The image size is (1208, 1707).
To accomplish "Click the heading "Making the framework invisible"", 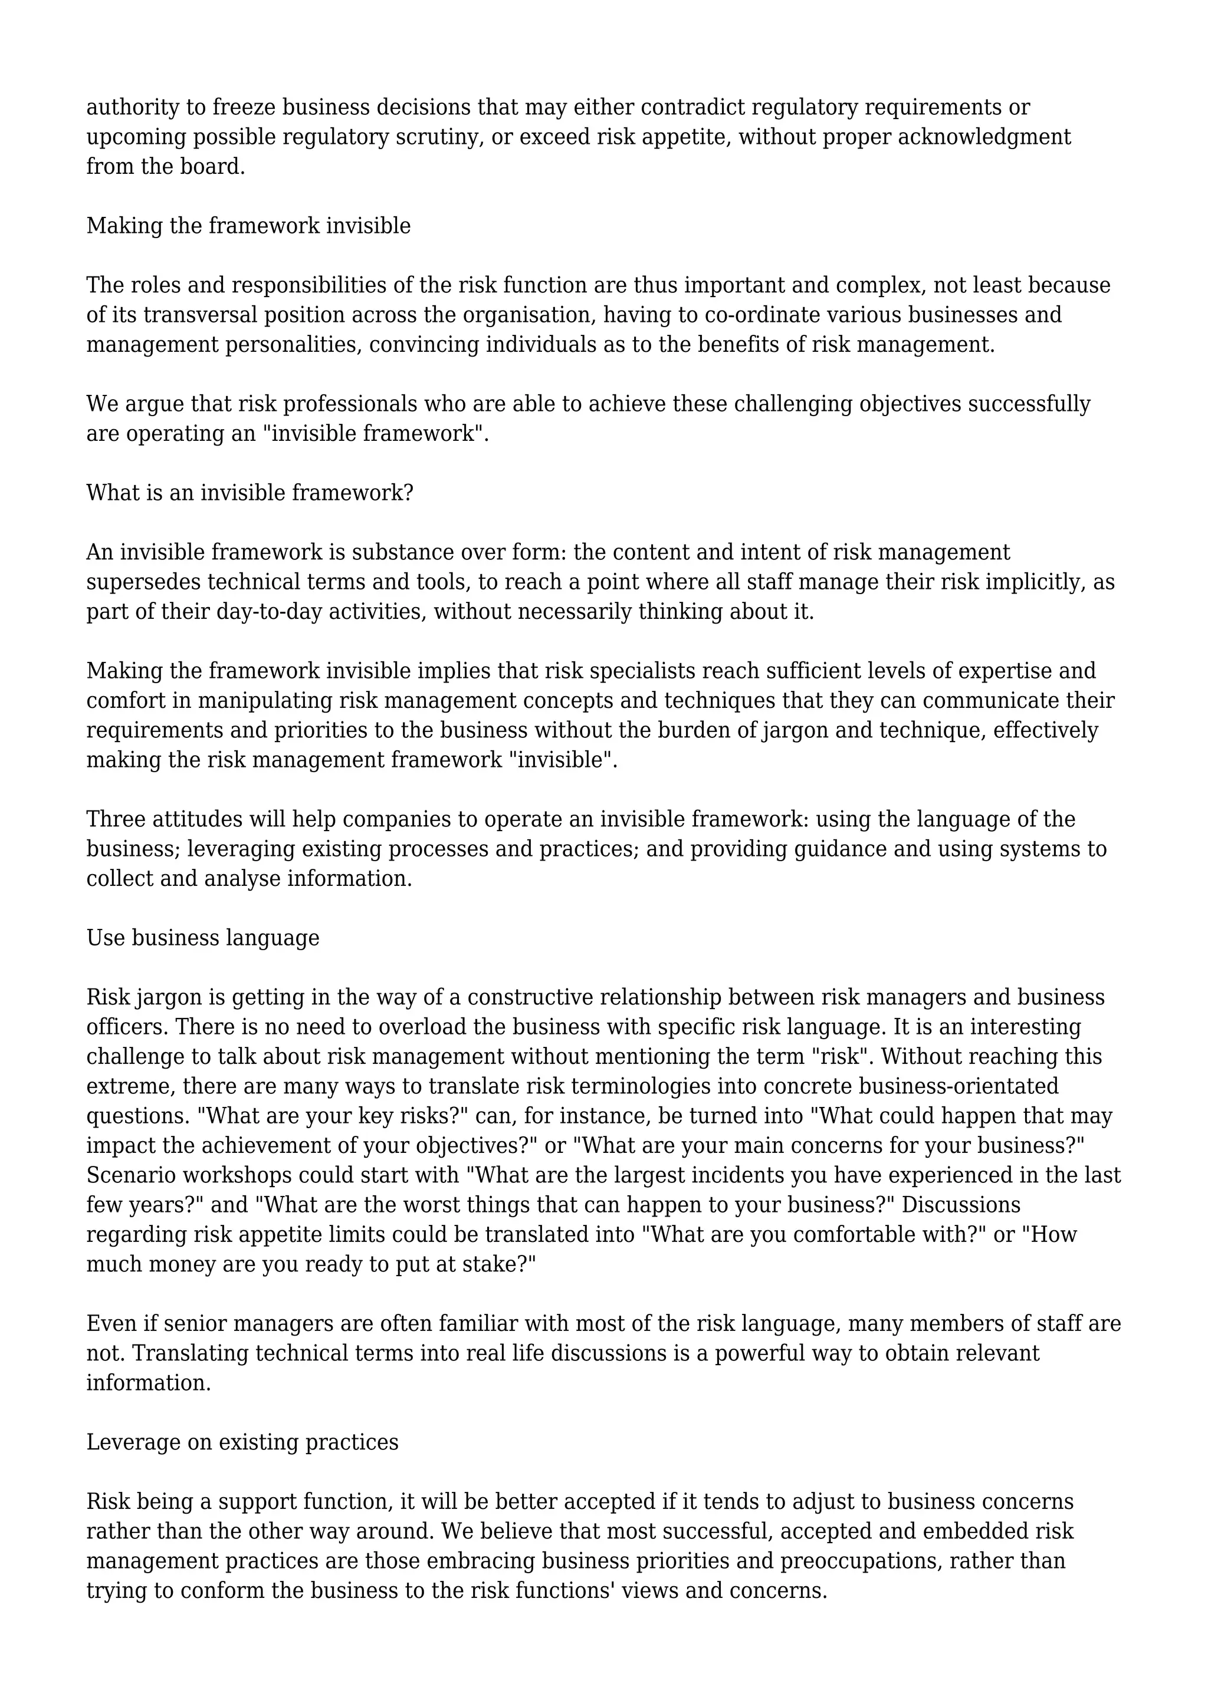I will click(248, 225).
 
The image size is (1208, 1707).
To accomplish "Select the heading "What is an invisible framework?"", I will click(250, 492).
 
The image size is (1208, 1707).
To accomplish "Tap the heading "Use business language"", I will click(202, 938).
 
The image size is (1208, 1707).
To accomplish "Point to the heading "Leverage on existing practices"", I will click(242, 1442).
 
